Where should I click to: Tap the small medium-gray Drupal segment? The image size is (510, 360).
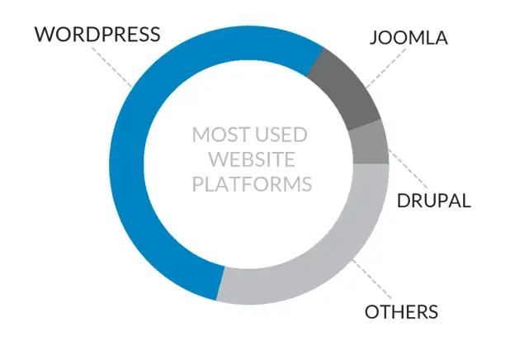pos(370,143)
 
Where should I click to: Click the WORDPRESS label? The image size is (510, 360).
pos(97,34)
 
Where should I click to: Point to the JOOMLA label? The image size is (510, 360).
pos(408,37)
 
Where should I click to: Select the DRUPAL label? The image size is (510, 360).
pos(434,201)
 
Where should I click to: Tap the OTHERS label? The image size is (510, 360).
pos(401,312)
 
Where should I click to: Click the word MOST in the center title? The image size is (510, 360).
pos(221,135)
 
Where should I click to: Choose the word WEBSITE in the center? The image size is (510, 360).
pos(252,159)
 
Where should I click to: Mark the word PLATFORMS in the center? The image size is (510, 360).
pos(252,184)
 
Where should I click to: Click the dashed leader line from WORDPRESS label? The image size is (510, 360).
pos(112,68)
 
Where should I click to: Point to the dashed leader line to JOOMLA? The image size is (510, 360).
pos(386,68)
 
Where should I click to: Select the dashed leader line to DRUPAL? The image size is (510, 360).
pos(408,169)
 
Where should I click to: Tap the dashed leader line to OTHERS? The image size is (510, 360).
pos(372,279)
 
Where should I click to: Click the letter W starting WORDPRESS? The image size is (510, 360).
pos(45,34)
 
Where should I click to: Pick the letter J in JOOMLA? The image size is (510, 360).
pos(374,38)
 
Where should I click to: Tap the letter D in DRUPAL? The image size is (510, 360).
pos(404,201)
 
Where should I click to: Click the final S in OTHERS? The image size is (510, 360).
pos(433,312)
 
